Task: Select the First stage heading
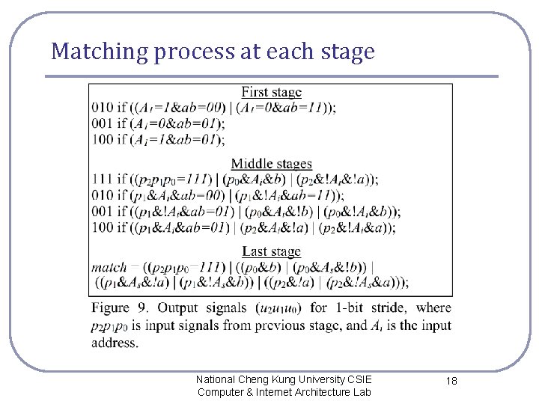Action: click(x=271, y=92)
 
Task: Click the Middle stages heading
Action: click(x=271, y=164)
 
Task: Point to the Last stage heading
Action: click(x=271, y=251)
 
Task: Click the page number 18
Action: click(x=451, y=381)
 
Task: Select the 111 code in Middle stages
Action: click(x=102, y=180)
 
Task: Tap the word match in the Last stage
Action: click(x=109, y=267)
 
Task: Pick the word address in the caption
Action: click(x=115, y=343)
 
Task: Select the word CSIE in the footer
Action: click(x=359, y=379)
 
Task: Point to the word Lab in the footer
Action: click(x=361, y=392)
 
